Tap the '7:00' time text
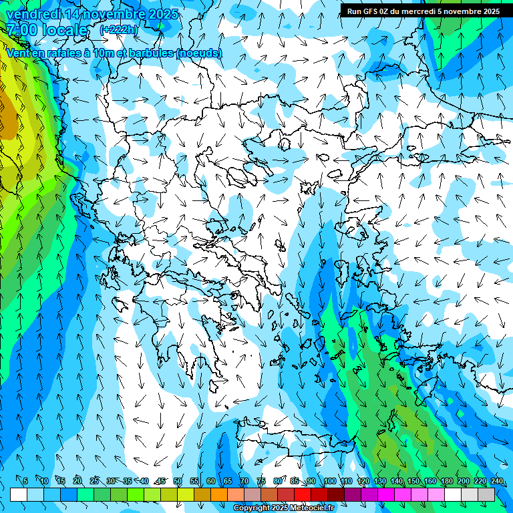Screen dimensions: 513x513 coord(21,30)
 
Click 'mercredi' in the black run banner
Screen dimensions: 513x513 coord(425,11)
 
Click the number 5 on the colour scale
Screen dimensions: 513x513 coord(25,481)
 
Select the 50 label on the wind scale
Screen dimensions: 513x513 coord(177,481)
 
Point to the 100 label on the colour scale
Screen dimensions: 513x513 coord(329,481)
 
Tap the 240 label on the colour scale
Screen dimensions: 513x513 coord(496,481)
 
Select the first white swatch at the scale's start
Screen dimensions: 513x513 coord(19,494)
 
